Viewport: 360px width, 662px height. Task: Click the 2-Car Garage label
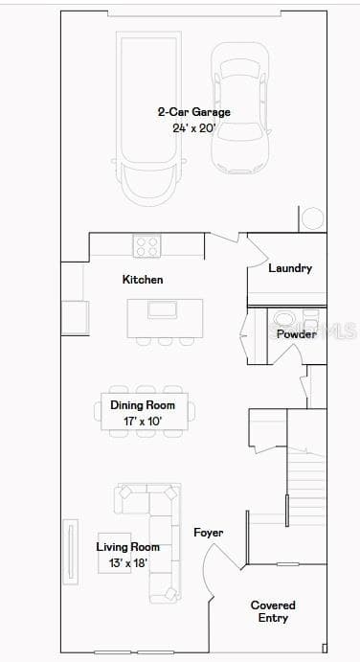(194, 112)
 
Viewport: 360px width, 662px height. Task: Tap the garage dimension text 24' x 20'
(194, 128)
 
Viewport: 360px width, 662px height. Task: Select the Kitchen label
(143, 280)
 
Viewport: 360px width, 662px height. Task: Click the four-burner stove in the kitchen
(146, 246)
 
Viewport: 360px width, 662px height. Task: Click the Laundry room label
(290, 268)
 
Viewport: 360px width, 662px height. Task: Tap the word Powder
(296, 334)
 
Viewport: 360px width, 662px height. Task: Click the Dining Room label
(143, 405)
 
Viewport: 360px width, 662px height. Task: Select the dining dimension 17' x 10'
(143, 421)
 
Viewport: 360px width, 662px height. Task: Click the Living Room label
(128, 547)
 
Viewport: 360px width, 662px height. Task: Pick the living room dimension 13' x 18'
(128, 562)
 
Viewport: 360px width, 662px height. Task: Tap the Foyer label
(209, 533)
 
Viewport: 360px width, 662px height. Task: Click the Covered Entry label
(273, 611)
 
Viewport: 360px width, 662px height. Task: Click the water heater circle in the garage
(313, 218)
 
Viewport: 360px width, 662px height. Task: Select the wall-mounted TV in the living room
(71, 552)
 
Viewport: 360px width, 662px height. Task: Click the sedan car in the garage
(240, 108)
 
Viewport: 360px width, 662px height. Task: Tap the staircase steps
(306, 486)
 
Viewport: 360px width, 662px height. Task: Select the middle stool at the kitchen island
(165, 341)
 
